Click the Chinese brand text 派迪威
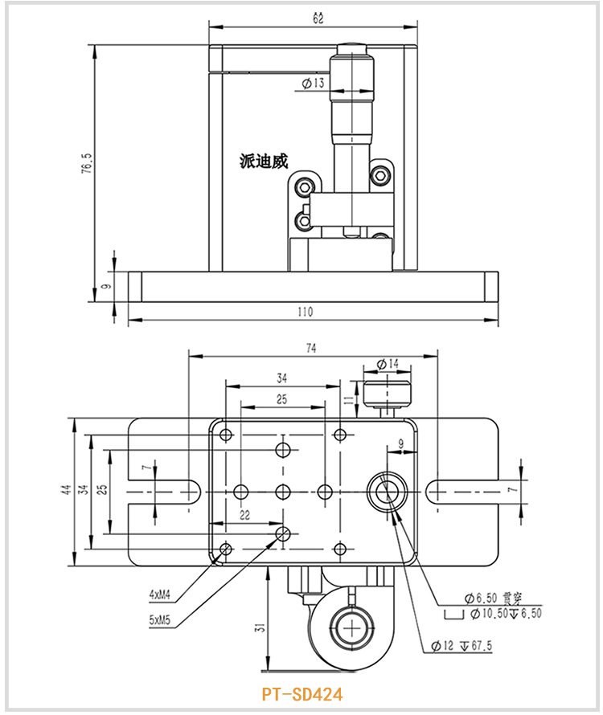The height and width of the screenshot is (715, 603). point(263,161)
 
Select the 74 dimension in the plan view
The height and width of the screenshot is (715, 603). point(311,349)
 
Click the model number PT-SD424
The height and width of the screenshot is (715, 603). point(301,693)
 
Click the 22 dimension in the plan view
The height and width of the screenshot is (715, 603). point(244,515)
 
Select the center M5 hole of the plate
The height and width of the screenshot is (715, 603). point(282,490)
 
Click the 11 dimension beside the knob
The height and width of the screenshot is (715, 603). point(347,398)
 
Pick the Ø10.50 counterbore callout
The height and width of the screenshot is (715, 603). point(493,614)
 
